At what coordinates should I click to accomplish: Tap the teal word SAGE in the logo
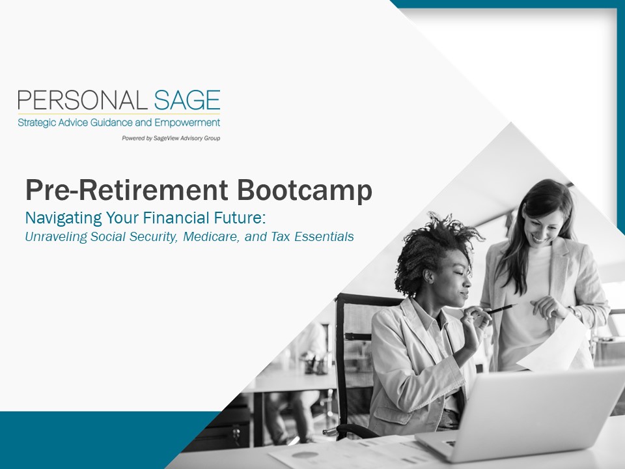click(187, 100)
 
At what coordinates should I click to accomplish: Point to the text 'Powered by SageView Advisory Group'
click(171, 138)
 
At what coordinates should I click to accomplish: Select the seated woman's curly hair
click(430, 251)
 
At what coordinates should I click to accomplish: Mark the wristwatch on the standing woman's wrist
click(576, 313)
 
